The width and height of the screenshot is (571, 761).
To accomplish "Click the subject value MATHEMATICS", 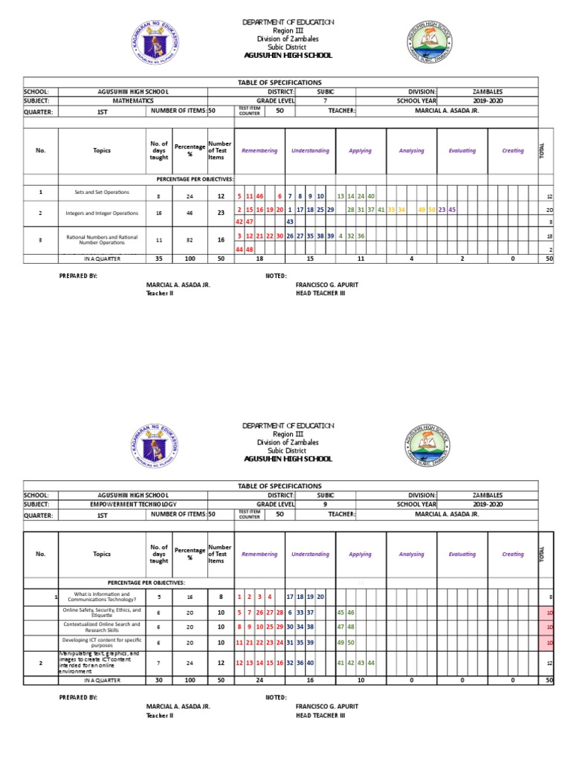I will (133, 100).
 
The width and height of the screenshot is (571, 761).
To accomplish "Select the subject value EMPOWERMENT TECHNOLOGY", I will (133, 504).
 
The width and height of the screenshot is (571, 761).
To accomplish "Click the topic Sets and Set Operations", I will (102, 192).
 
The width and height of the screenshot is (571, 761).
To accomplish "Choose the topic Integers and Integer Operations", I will (102, 213).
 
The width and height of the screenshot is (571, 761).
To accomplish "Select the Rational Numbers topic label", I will (102, 239).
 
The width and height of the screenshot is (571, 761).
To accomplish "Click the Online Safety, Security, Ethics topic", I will (102, 612).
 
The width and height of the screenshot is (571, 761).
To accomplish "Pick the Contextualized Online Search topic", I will (102, 627).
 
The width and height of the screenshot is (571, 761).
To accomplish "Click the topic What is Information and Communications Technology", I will (102, 597).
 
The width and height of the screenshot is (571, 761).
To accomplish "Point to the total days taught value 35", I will (158, 259).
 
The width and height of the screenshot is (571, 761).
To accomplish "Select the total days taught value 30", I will (158, 680).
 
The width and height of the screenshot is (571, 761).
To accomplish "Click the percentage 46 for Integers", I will (190, 213).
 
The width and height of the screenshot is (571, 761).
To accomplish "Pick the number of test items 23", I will (220, 213).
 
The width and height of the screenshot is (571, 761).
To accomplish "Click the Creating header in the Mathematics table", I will (512, 151).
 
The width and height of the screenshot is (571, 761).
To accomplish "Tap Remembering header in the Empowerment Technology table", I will (259, 554).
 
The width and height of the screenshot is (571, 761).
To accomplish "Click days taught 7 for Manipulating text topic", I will (158, 663).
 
